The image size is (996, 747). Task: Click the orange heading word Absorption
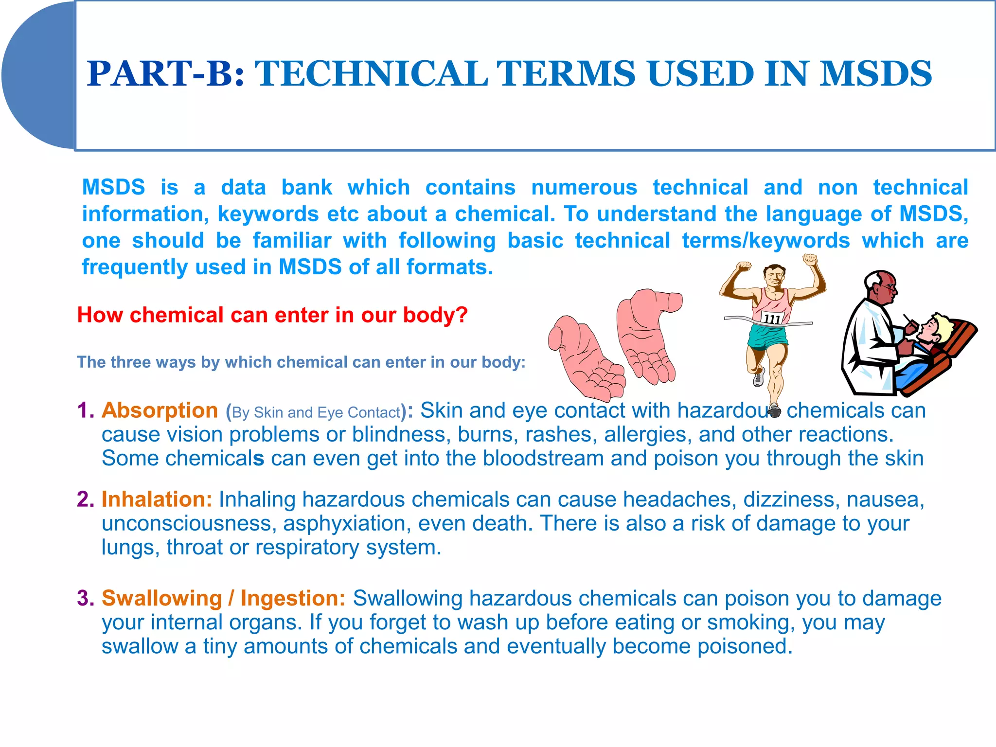tap(160, 410)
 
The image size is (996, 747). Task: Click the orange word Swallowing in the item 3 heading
tap(161, 598)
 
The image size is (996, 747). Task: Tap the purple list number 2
tap(85, 499)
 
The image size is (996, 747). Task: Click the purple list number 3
tap(85, 598)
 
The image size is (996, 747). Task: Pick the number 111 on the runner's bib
tap(772, 319)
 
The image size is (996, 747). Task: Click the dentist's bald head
tap(880, 282)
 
